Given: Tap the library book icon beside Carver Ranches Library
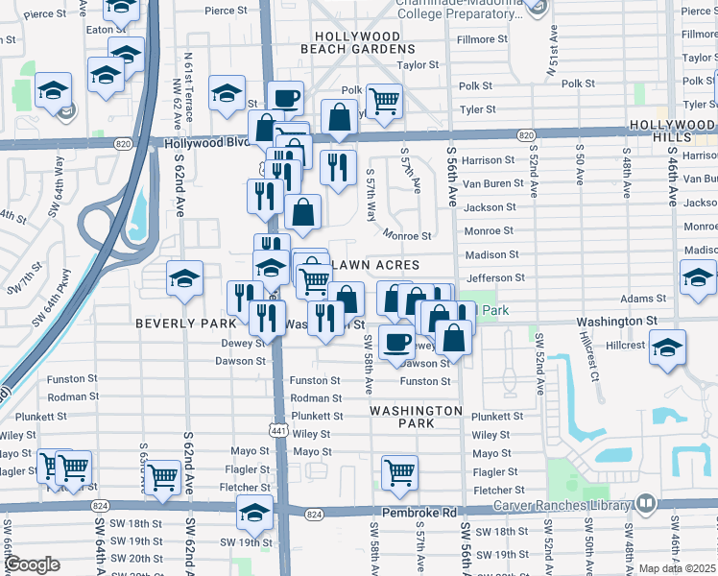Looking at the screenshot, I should click(x=646, y=503).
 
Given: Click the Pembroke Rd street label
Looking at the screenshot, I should click(x=421, y=515).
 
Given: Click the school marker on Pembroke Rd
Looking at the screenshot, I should click(x=254, y=516).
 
